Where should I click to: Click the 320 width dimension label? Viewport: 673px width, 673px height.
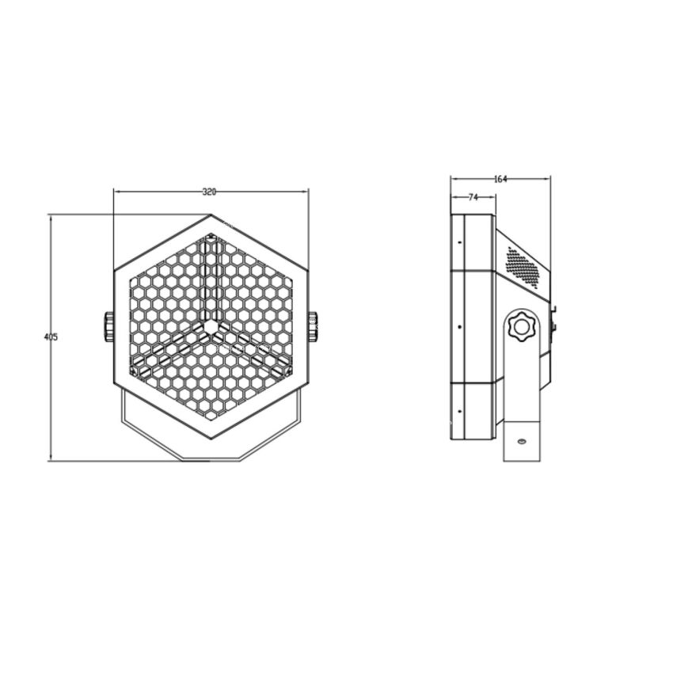pos(210,192)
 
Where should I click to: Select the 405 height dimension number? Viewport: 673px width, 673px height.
pos(51,337)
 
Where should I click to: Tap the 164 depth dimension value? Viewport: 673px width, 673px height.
pos(500,180)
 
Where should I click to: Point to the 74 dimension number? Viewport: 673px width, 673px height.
pos(473,198)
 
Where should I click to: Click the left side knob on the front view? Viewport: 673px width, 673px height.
pos(108,326)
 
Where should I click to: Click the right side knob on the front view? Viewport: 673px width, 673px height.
pos(313,326)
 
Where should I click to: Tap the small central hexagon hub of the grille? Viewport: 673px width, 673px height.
pos(210,325)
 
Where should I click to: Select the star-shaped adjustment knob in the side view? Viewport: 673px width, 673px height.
pos(522,325)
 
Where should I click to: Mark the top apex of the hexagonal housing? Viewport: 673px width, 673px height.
pos(211,216)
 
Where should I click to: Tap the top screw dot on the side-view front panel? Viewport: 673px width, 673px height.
pos(459,241)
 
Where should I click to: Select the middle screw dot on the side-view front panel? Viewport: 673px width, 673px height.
pos(459,325)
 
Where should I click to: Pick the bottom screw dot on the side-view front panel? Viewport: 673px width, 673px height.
pos(459,410)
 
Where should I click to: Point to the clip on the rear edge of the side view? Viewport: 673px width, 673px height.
pos(553,317)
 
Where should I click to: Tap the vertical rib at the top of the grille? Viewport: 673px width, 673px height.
pos(210,277)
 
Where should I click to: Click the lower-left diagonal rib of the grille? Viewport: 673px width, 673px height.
pos(170,349)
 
